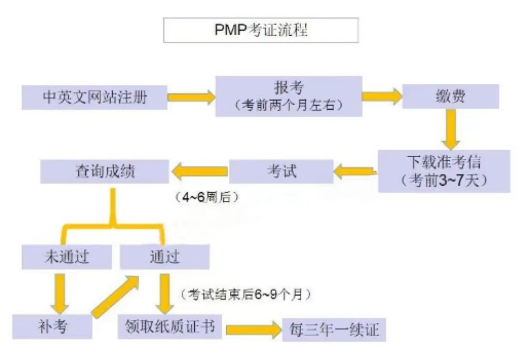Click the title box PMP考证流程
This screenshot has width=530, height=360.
tap(261, 31)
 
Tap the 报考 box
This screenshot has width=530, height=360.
tap(288, 96)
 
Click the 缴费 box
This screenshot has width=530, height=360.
tap(450, 97)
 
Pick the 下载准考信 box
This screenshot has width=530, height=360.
tap(444, 171)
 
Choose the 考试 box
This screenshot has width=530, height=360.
tap(281, 171)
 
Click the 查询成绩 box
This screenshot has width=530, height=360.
tap(105, 171)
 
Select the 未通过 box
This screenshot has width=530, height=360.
tap(67, 257)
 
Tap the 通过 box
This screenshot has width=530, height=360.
tap(165, 257)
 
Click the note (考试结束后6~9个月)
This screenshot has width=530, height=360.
tap(245, 294)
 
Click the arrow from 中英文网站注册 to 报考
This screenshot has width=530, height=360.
tap(191, 97)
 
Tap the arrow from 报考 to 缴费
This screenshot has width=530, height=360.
tap(381, 96)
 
